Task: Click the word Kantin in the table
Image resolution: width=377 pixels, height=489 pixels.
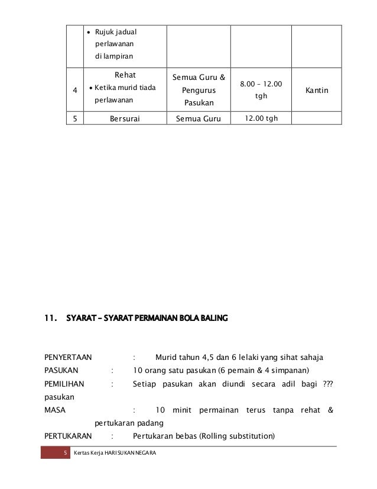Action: point(317,91)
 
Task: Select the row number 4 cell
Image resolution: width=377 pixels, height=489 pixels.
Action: point(74,91)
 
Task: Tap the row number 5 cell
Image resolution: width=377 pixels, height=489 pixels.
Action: point(74,118)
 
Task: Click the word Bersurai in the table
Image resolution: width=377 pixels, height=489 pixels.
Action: point(125,118)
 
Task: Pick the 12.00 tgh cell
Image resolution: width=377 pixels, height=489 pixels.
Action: point(260,118)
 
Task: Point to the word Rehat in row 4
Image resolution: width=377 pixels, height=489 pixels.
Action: point(125,76)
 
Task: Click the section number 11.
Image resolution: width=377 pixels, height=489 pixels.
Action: point(51,320)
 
